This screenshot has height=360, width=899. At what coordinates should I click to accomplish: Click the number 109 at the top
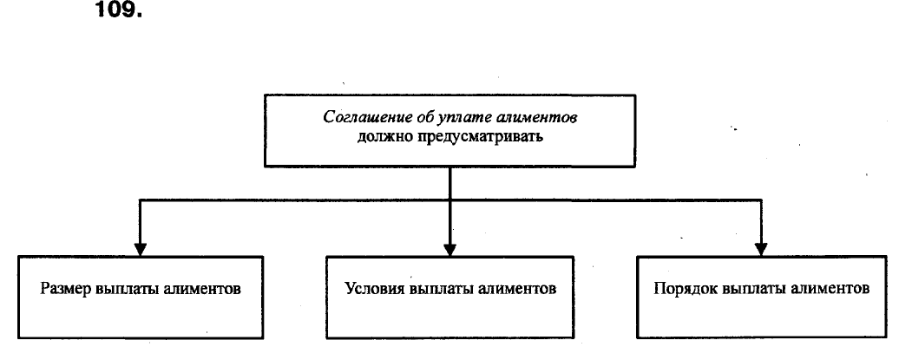117,10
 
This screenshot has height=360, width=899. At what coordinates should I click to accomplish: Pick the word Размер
66,289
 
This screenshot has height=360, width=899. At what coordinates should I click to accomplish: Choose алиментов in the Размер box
202,289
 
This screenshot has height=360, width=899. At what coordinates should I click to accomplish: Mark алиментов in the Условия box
516,288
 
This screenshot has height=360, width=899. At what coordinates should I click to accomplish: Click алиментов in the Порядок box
830,288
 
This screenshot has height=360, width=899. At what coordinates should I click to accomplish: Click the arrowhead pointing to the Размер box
140,249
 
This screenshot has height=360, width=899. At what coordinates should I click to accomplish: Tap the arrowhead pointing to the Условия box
450,249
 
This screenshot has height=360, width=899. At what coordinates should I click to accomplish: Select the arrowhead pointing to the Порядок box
761,249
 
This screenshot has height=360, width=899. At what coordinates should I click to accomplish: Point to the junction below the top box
450,200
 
